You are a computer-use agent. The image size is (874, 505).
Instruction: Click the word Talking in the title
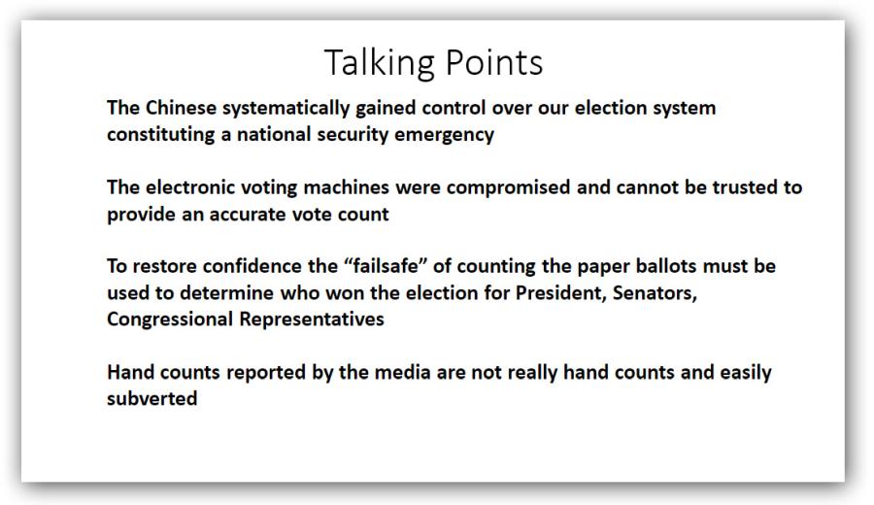379,62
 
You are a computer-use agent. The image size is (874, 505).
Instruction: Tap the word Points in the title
494,62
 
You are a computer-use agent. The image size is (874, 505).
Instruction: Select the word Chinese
181,108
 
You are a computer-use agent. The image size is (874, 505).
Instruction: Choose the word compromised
508,188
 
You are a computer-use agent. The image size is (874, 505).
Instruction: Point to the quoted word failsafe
386,266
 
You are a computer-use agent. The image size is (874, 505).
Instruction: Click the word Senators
655,293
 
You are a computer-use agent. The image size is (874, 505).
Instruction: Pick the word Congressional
170,320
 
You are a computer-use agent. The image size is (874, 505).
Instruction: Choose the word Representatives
312,320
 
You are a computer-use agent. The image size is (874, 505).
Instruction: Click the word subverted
152,398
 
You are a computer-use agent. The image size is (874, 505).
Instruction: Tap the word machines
346,187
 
